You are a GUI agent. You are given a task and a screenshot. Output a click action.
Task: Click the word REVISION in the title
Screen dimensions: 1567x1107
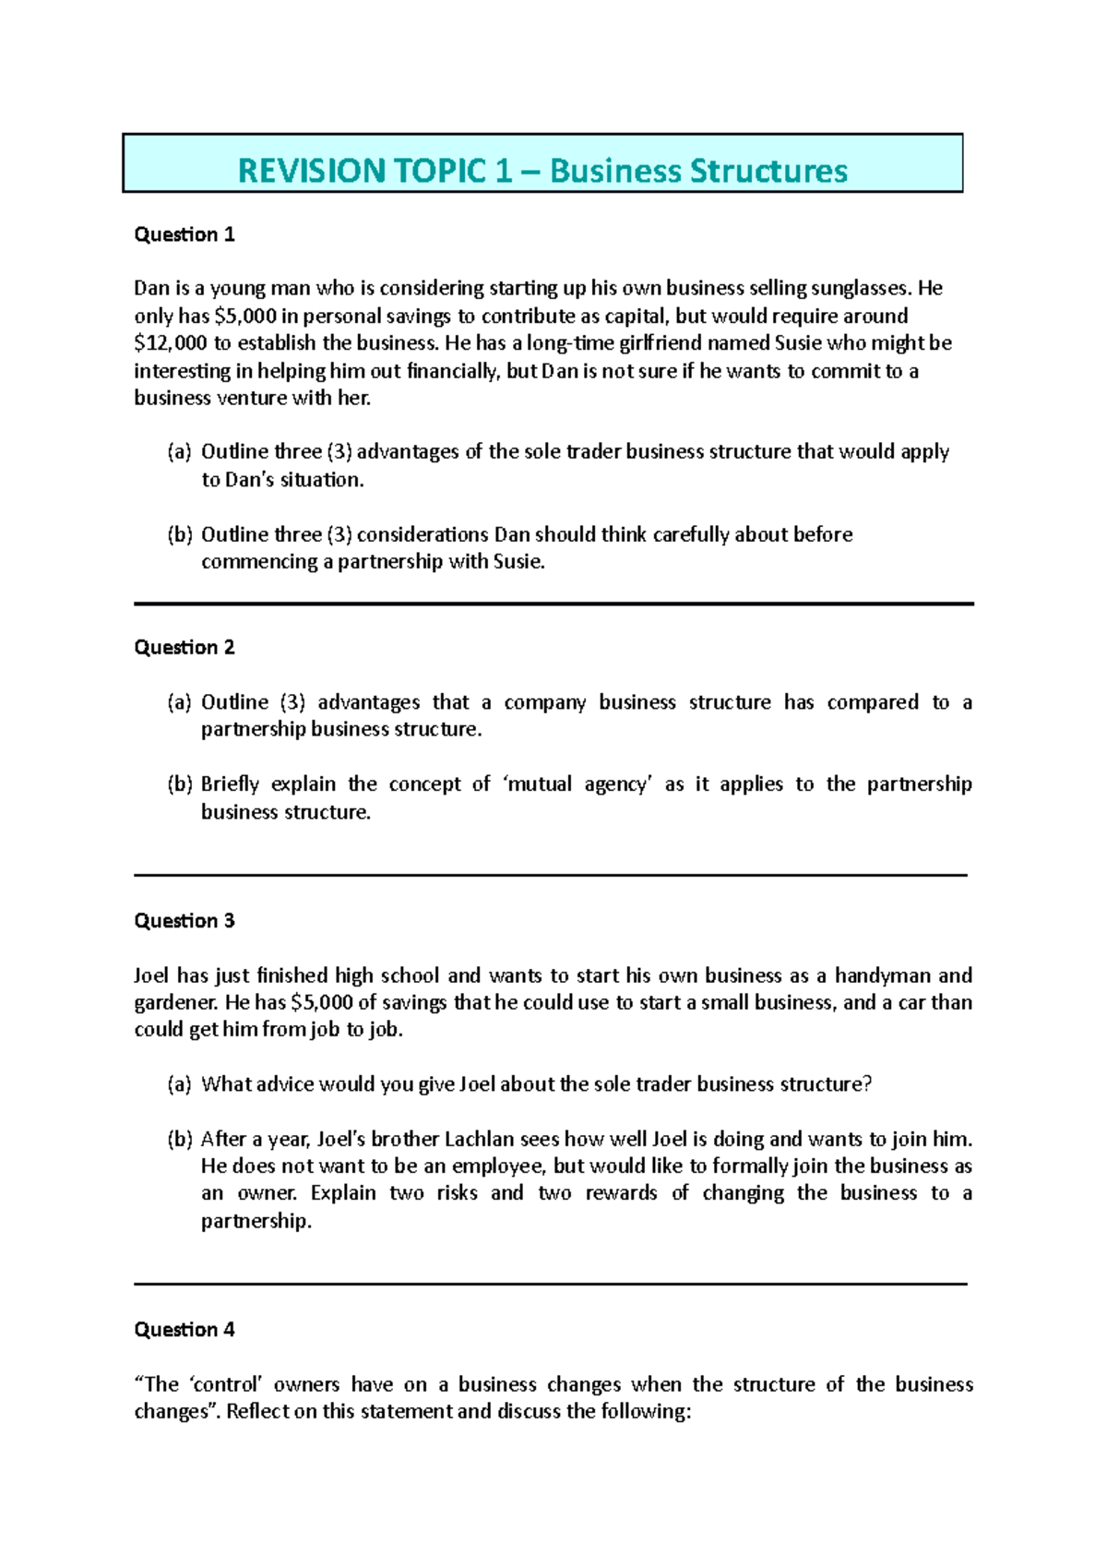pyautogui.click(x=311, y=171)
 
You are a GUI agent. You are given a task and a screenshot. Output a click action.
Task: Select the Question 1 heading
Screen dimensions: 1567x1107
pyautogui.click(x=184, y=234)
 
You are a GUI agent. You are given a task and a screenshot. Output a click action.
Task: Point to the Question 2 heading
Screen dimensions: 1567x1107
pyautogui.click(x=184, y=647)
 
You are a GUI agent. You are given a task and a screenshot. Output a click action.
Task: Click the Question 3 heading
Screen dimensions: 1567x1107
pyautogui.click(x=184, y=920)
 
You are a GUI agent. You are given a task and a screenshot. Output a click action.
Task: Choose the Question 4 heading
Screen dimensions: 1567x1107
pyautogui.click(x=184, y=1329)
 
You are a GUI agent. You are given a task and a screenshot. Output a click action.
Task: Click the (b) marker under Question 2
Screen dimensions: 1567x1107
pyautogui.click(x=179, y=784)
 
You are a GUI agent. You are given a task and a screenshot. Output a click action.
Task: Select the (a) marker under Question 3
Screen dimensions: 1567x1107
pyautogui.click(x=179, y=1083)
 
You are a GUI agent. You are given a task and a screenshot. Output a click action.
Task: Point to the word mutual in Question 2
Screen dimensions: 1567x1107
pyautogui.click(x=540, y=784)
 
